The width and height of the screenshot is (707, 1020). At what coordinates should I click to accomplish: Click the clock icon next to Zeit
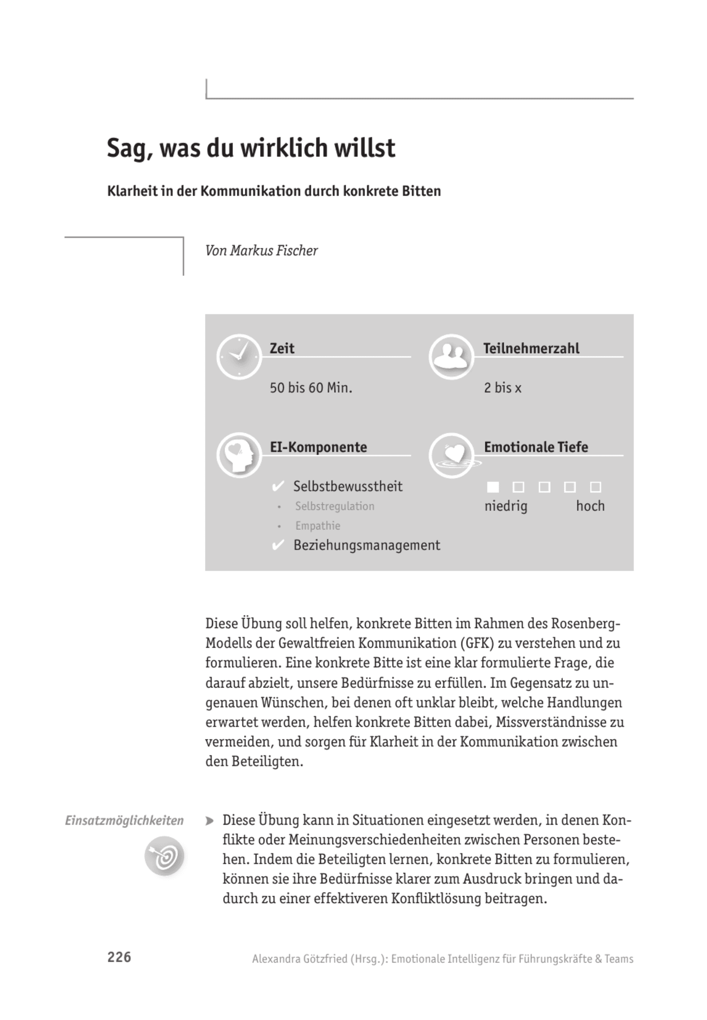(x=239, y=357)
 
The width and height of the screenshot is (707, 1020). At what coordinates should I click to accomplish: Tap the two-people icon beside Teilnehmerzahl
(x=451, y=357)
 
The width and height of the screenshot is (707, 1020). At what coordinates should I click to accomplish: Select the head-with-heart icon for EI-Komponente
(x=239, y=455)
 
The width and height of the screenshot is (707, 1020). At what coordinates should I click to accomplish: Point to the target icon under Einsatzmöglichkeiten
(x=164, y=856)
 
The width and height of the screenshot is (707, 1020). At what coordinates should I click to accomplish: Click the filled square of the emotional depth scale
(x=493, y=487)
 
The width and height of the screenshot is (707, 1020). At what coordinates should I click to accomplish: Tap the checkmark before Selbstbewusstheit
(x=278, y=486)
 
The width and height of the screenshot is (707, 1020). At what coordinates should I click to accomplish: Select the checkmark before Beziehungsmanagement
(x=278, y=545)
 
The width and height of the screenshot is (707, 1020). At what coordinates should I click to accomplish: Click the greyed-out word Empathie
(x=318, y=526)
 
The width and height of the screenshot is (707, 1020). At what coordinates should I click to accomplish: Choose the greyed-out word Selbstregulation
(x=334, y=506)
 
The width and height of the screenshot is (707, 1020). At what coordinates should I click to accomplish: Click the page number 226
(x=119, y=957)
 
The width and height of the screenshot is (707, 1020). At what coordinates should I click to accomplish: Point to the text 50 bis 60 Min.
(x=311, y=388)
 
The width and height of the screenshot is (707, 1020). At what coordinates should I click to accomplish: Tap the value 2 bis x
(x=502, y=388)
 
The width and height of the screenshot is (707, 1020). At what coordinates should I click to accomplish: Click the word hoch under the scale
(x=590, y=506)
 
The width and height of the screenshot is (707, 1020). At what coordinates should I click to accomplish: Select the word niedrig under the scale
(x=506, y=506)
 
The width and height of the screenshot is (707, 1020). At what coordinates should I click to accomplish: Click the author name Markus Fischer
(x=274, y=251)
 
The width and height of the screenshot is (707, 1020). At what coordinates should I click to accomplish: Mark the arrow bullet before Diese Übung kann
(x=210, y=821)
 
